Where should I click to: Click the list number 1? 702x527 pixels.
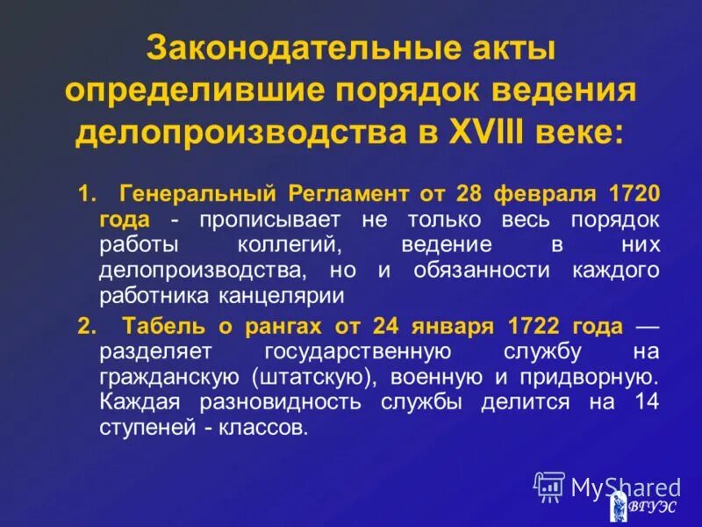click(x=85, y=193)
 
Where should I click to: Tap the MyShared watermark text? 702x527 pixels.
click(x=625, y=487)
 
